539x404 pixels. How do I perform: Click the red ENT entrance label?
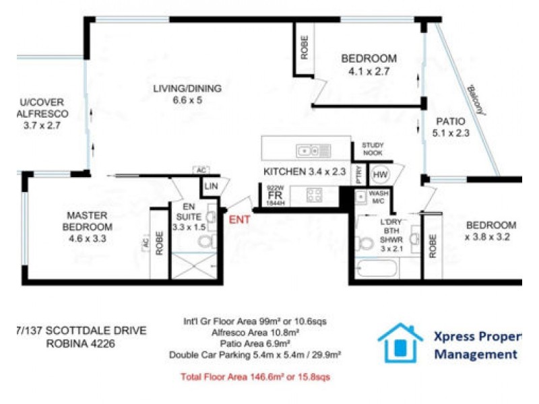[241, 220]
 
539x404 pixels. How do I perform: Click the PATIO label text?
[450, 122]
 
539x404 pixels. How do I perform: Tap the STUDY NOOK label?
[373, 149]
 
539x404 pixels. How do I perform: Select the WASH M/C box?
[378, 197]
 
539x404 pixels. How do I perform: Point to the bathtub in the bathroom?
[377, 269]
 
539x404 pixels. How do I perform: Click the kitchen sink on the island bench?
[314, 150]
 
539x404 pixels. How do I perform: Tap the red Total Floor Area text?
[255, 377]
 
